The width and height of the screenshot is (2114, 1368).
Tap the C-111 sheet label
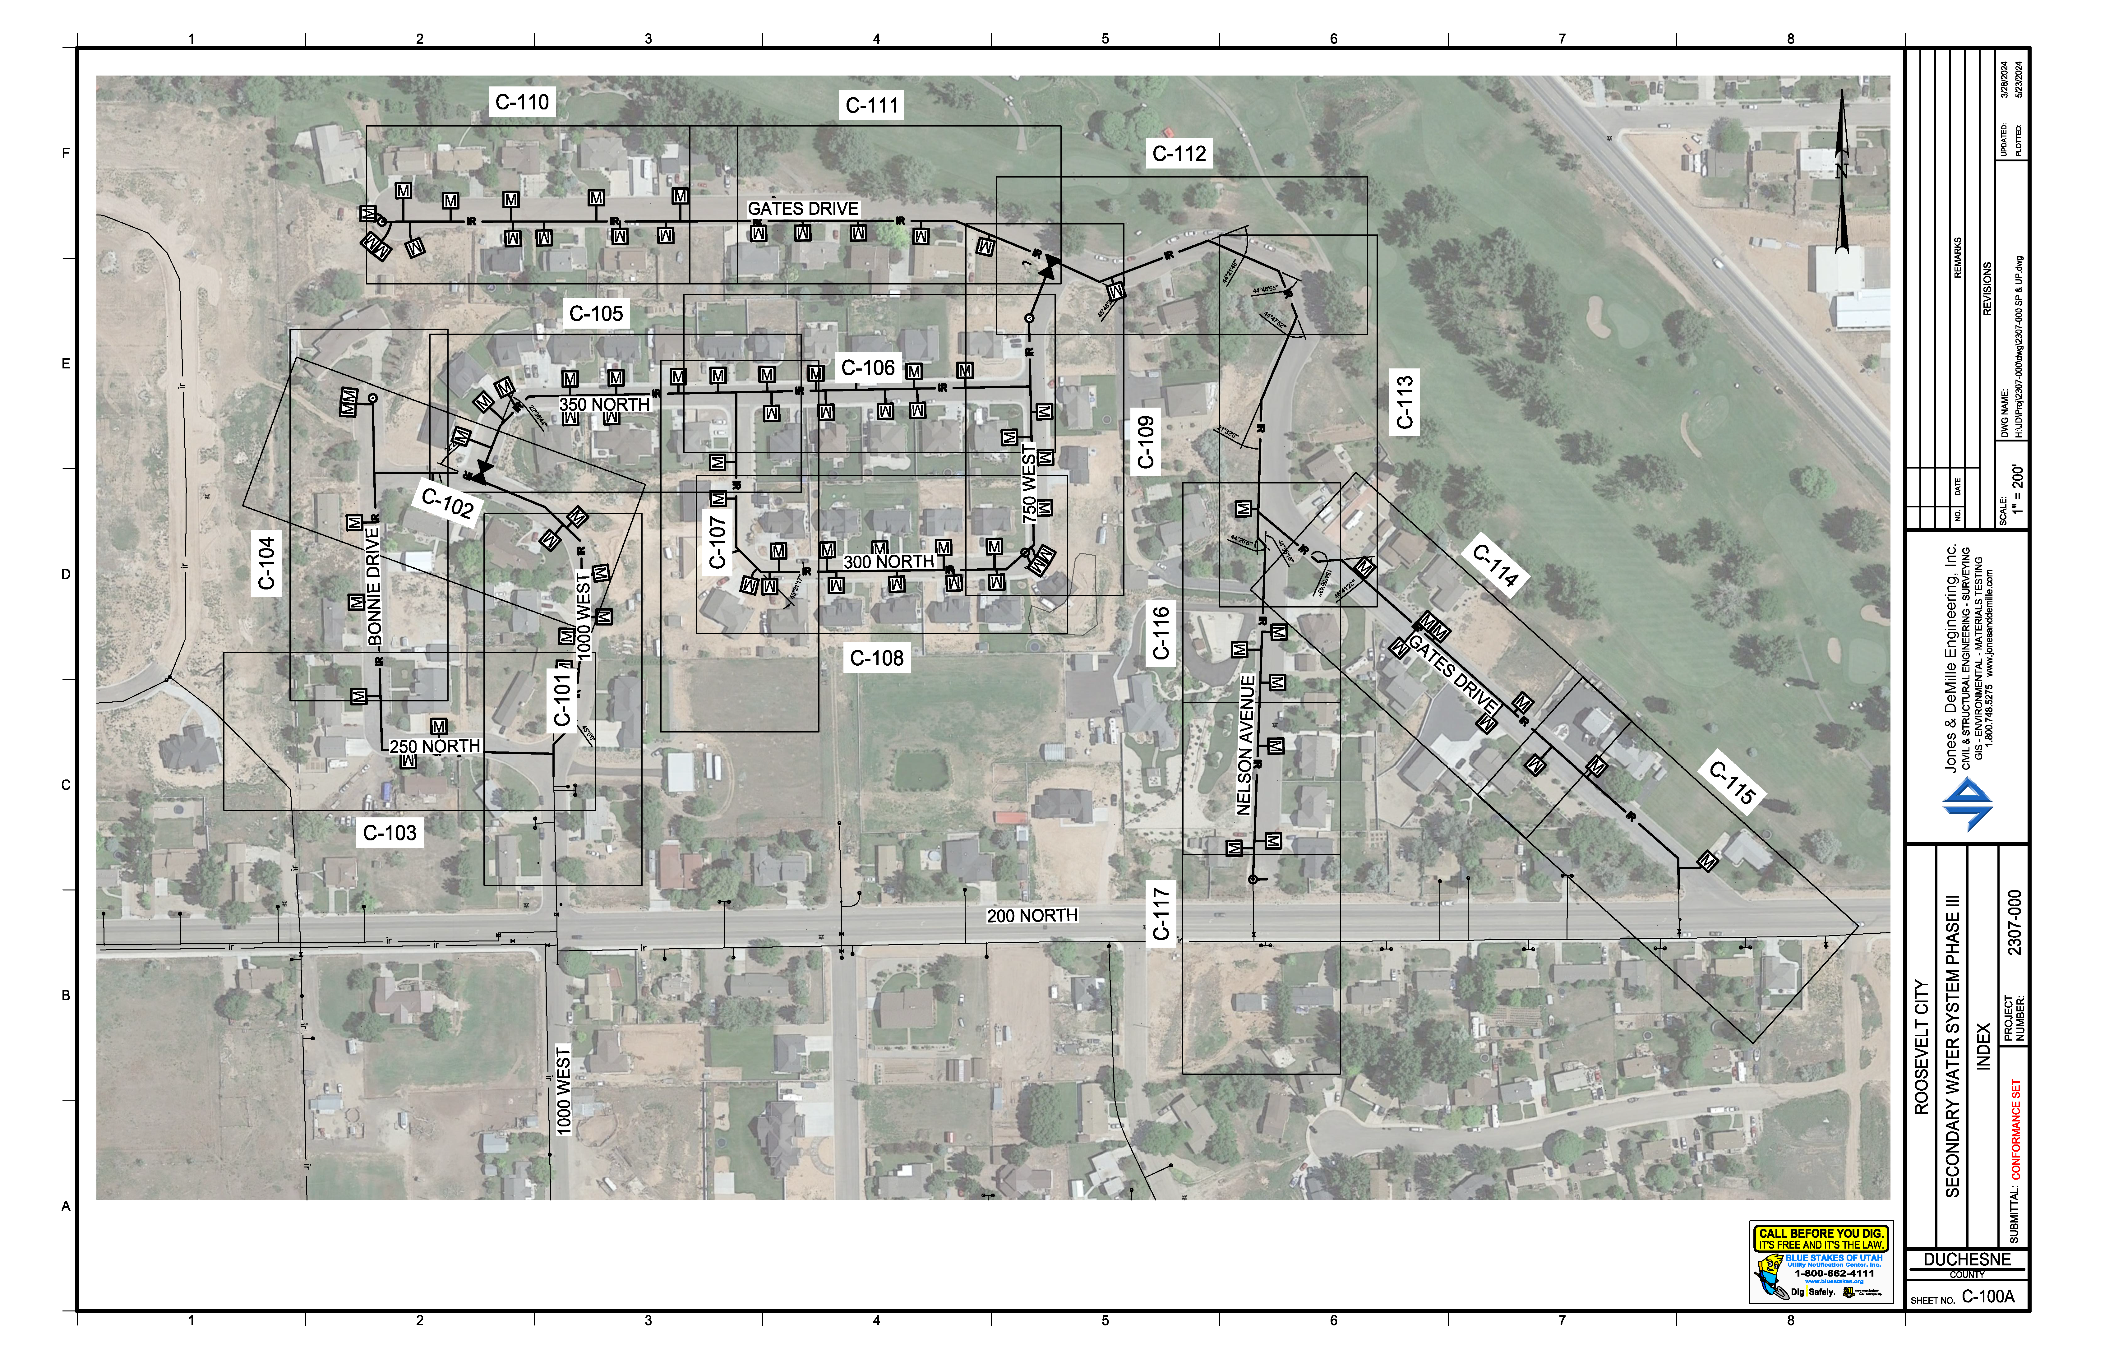(x=872, y=106)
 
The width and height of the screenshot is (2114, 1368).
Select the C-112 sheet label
(x=1179, y=154)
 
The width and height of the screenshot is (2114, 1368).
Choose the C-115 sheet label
(x=1732, y=783)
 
